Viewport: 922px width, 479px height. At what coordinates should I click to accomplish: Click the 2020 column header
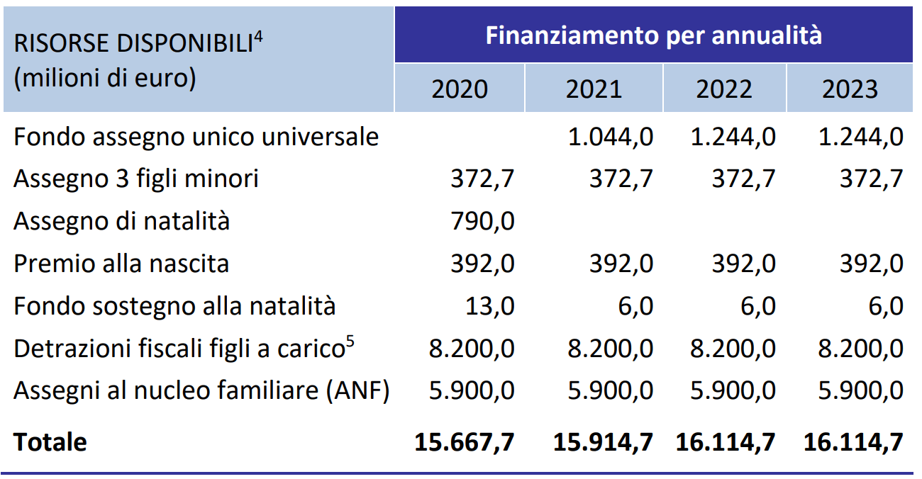[460, 89]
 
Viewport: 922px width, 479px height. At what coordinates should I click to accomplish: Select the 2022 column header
[724, 89]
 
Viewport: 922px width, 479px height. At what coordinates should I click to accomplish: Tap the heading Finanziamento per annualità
[653, 35]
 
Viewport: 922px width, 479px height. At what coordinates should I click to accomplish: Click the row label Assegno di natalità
[121, 221]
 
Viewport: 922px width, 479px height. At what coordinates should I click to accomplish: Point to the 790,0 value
[482, 222]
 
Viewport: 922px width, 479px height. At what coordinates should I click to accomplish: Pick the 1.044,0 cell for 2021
[611, 137]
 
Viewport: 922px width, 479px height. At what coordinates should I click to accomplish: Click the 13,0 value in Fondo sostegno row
[489, 306]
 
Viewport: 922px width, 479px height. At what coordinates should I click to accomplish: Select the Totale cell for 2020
[465, 442]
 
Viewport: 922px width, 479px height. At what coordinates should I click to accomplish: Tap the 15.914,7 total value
[603, 442]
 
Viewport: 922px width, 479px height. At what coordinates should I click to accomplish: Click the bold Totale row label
[50, 442]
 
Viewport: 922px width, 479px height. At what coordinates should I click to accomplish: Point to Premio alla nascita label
[121, 264]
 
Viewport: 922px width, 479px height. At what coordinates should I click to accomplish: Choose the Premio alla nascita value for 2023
[871, 264]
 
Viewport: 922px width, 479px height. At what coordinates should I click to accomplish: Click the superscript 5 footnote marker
[350, 342]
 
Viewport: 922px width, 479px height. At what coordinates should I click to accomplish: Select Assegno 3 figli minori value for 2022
[744, 179]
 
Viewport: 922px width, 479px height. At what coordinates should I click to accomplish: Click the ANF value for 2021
[611, 391]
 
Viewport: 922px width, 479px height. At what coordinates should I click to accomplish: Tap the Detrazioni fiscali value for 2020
[472, 349]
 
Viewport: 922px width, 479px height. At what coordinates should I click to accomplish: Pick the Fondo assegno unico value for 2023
[860, 137]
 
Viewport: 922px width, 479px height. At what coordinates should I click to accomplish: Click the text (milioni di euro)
[104, 78]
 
